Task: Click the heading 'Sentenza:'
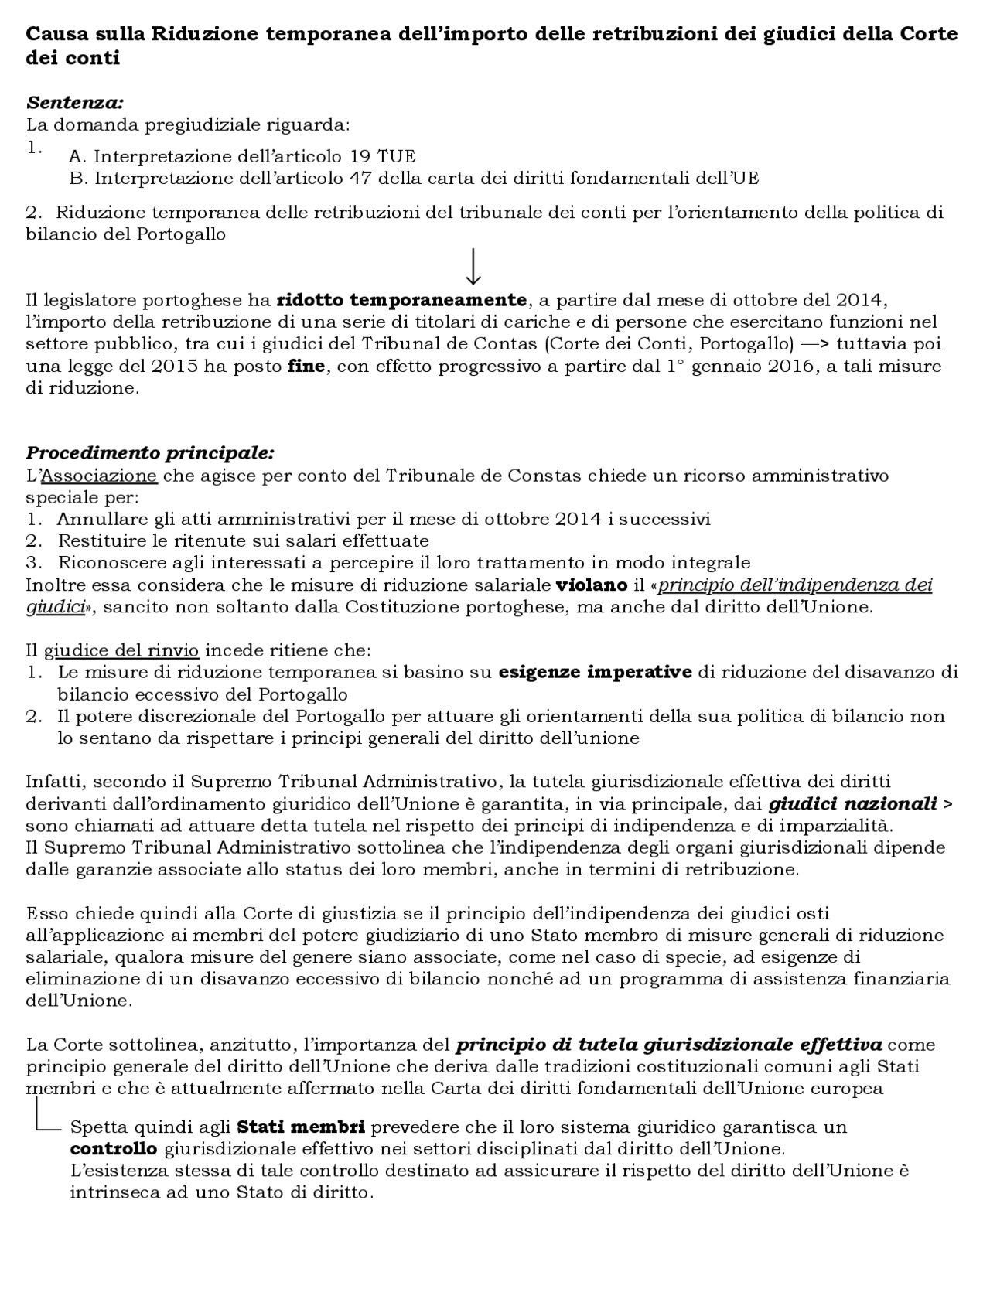click(x=75, y=102)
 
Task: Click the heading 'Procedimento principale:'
click(x=150, y=452)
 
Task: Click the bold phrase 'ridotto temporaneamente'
click(x=401, y=299)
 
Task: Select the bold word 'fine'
click(x=306, y=366)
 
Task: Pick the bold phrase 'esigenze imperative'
click(x=595, y=672)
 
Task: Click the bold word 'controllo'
click(x=114, y=1147)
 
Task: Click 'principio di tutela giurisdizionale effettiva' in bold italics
click(x=668, y=1045)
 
